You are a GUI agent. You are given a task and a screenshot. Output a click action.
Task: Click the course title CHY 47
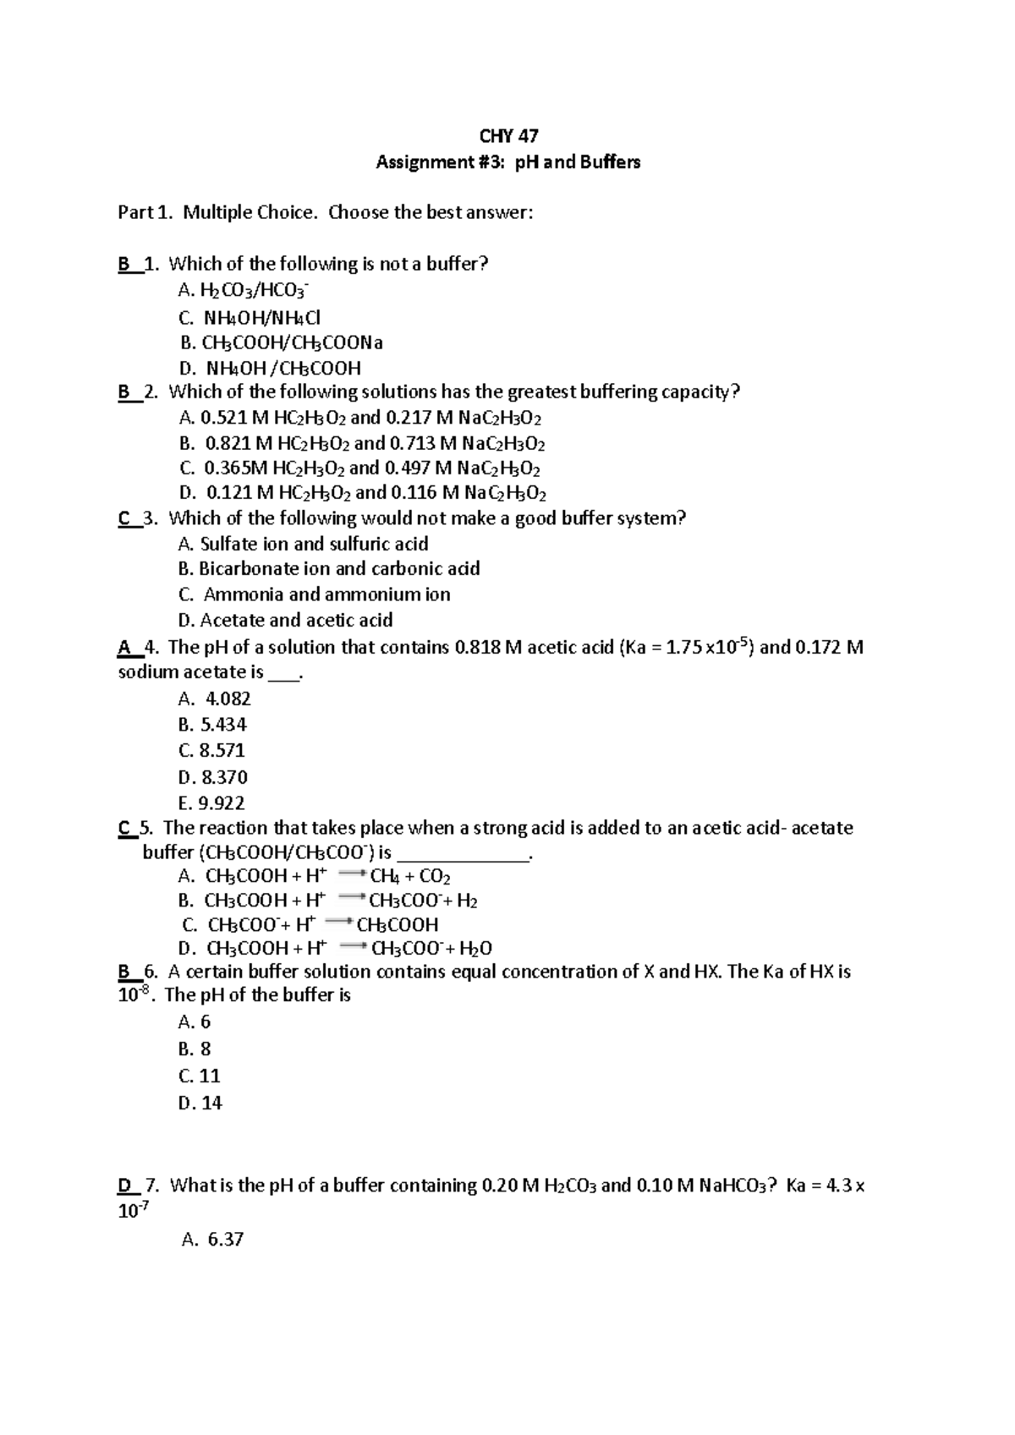click(508, 136)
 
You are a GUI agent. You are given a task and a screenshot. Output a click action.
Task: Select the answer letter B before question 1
click(123, 264)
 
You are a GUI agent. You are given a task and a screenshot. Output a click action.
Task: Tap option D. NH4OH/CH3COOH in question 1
click(271, 368)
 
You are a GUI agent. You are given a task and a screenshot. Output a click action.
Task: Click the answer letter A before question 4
click(124, 648)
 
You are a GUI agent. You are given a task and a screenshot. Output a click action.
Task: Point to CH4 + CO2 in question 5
click(410, 876)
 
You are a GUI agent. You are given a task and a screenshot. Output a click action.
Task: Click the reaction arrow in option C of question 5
click(338, 923)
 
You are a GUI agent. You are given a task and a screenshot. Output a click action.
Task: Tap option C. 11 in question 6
click(200, 1076)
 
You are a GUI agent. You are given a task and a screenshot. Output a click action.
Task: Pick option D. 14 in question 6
click(200, 1103)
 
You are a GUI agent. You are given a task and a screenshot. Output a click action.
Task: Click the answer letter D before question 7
click(124, 1186)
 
